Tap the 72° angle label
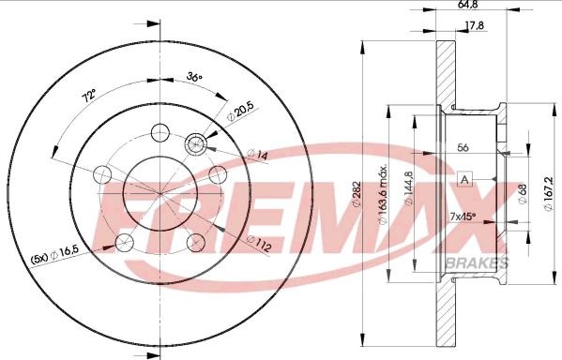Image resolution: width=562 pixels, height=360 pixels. [90, 97]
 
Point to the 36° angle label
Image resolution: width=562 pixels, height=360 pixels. [195, 77]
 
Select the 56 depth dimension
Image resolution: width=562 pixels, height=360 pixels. [463, 147]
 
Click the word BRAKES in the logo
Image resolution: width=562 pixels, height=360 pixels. [479, 262]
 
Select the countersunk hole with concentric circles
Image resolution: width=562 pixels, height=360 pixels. [196, 143]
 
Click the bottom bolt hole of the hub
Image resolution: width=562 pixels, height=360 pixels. [194, 243]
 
